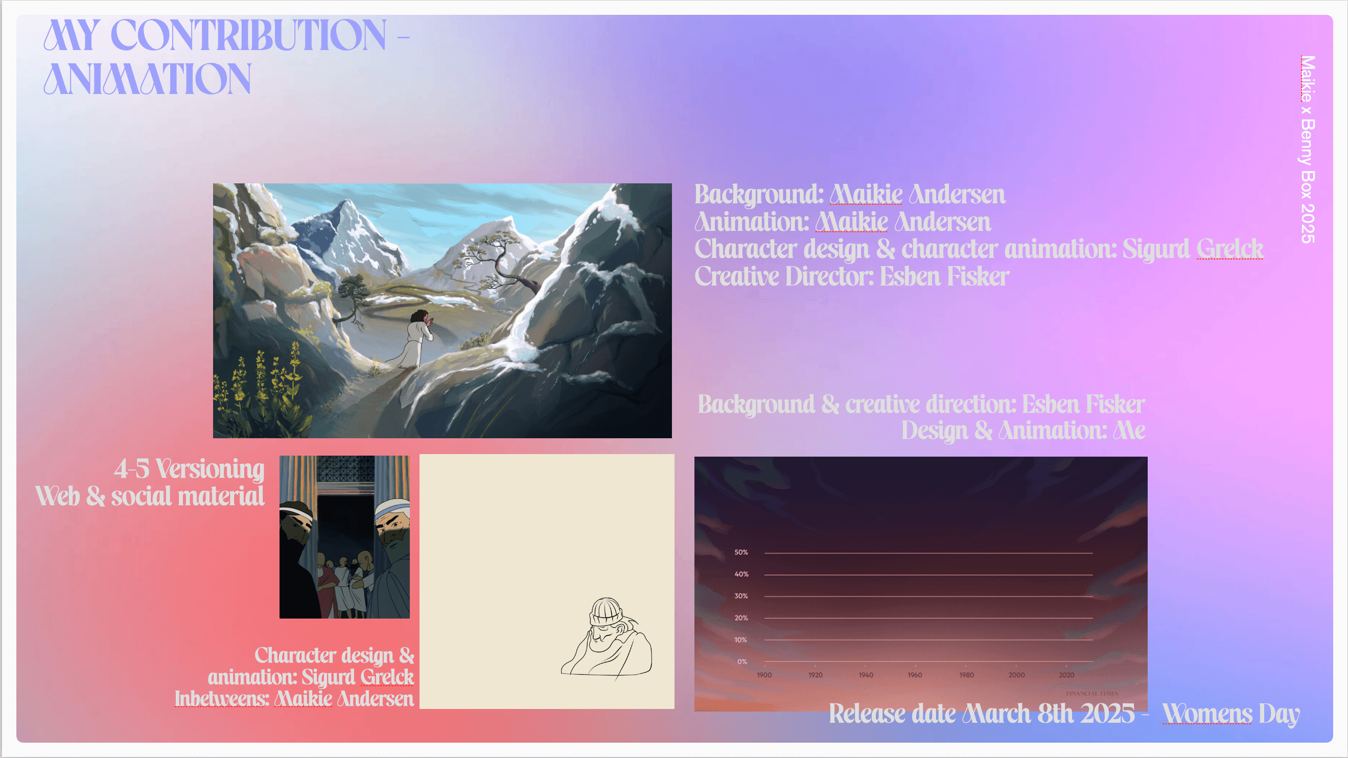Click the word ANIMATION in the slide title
click(147, 79)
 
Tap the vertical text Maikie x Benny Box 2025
click(1307, 149)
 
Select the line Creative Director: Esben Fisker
click(851, 276)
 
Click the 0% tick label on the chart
click(742, 662)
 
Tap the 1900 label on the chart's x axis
click(764, 675)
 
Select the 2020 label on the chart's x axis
click(1066, 675)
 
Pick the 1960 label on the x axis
click(915, 675)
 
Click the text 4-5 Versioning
click(189, 469)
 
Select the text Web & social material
click(150, 496)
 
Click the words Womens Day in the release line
click(1231, 714)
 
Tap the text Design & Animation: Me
click(1023, 431)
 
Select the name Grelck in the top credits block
click(1230, 248)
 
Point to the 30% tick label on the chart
click(741, 596)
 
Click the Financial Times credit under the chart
click(1092, 694)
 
